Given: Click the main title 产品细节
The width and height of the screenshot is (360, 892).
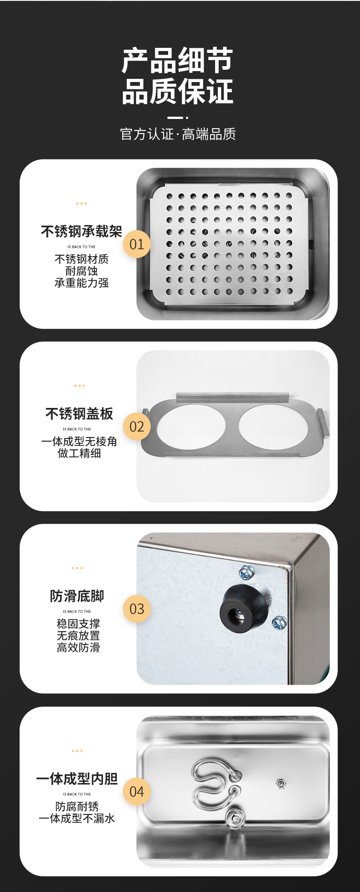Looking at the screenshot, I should pyautogui.click(x=177, y=61).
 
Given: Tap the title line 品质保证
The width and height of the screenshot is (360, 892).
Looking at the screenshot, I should pyautogui.click(x=177, y=92).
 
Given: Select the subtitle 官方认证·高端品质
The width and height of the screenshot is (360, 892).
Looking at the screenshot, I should pyautogui.click(x=178, y=134).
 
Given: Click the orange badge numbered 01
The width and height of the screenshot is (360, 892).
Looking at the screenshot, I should pyautogui.click(x=137, y=244).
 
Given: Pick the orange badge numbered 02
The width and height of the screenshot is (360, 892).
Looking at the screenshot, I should pyautogui.click(x=137, y=427).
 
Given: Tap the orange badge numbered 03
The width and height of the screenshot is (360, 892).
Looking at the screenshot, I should pyautogui.click(x=137, y=609).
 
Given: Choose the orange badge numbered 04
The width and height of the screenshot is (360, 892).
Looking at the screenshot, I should pyautogui.click(x=137, y=792).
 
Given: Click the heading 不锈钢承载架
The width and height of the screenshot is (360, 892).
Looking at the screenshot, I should pyautogui.click(x=82, y=232).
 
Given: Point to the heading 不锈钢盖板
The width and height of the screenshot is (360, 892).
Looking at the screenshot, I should pyautogui.click(x=79, y=414).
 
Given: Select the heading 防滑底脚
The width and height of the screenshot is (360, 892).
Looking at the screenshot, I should pyautogui.click(x=77, y=596).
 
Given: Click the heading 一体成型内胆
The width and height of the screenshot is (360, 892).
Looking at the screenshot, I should pyautogui.click(x=77, y=779).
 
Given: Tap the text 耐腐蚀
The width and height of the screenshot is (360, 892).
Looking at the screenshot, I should pyautogui.click(x=82, y=271).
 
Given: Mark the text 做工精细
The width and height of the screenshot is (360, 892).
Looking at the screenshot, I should pyautogui.click(x=79, y=454).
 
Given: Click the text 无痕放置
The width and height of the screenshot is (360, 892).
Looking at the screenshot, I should pyautogui.click(x=78, y=636).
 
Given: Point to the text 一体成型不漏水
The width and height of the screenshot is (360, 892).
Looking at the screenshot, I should pyautogui.click(x=77, y=819).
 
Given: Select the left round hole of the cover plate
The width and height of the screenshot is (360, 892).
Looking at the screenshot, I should pyautogui.click(x=191, y=426).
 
